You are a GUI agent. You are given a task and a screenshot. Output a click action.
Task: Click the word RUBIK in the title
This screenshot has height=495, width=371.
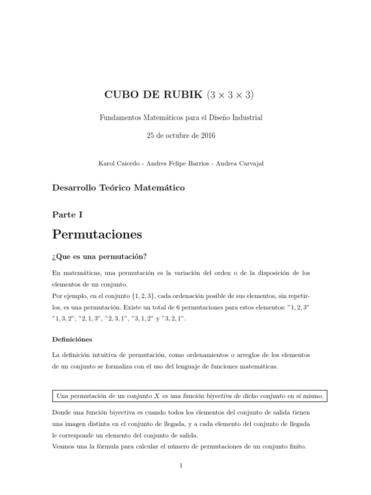click(x=185, y=95)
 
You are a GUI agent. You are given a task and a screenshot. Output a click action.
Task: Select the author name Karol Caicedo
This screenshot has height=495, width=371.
click(x=116, y=163)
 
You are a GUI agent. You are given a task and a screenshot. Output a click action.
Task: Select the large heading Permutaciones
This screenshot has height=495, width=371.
click(x=97, y=234)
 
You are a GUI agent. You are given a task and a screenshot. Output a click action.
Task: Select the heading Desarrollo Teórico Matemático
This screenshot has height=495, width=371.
click(x=118, y=188)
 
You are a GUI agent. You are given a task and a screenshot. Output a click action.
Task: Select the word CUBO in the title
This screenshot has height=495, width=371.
click(x=121, y=95)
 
